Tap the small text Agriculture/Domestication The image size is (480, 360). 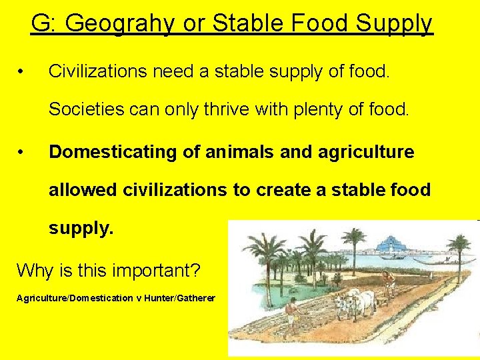tap(74, 298)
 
